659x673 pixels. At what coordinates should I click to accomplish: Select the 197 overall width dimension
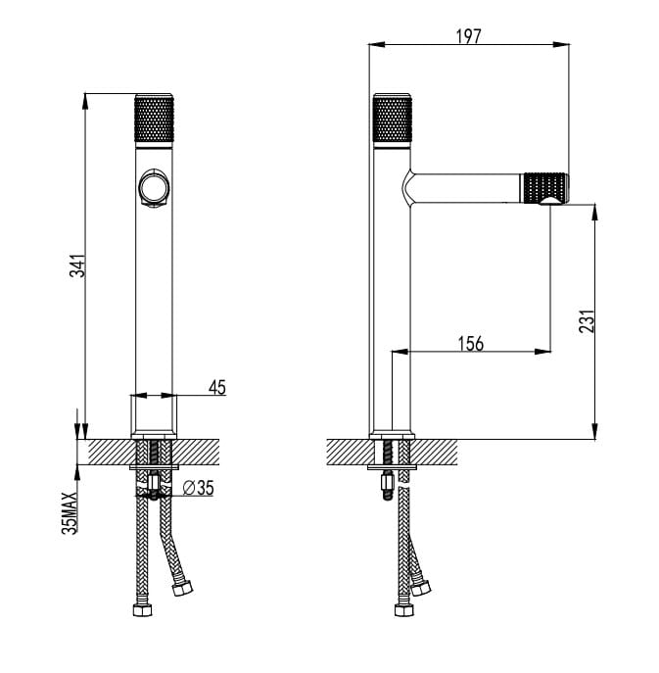(469, 36)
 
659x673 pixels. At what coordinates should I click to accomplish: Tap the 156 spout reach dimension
(470, 343)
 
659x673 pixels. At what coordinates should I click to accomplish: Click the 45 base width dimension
(216, 388)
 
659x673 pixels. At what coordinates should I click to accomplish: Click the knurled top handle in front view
(154, 119)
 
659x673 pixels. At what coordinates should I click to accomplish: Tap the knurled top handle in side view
(393, 119)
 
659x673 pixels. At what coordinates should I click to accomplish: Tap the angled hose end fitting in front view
(182, 589)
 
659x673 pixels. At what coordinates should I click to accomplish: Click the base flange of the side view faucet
(392, 435)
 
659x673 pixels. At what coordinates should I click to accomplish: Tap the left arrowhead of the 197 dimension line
(373, 44)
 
